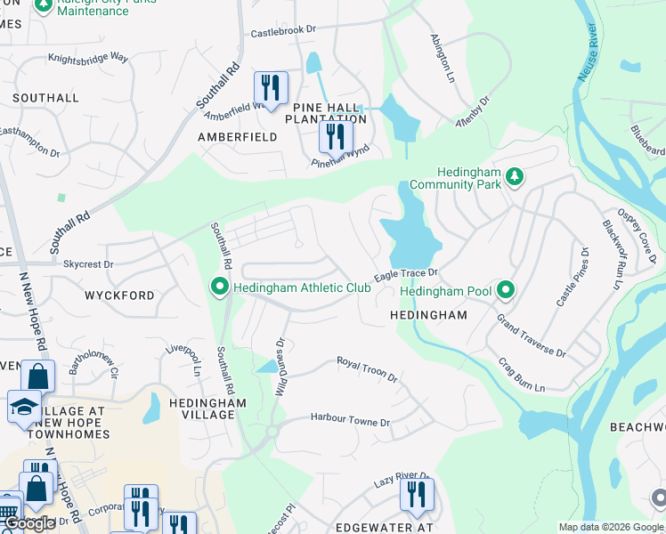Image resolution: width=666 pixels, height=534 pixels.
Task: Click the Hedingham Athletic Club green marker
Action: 219,287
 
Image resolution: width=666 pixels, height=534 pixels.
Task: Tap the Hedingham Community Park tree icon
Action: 514,178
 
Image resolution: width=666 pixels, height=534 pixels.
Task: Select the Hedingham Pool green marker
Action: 506,290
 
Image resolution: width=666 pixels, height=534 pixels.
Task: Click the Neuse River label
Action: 588,54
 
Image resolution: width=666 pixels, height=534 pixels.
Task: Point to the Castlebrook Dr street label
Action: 283,30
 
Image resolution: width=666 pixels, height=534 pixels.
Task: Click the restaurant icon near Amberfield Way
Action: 270,87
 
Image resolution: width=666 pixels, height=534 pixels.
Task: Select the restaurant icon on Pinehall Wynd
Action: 336,136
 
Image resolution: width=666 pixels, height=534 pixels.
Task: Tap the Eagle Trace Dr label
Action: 406,275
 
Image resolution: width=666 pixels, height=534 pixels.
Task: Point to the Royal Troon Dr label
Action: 366,369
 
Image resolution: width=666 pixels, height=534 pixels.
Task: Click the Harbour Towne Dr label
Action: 350,419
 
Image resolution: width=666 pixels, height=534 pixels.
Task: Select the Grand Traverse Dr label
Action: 531,335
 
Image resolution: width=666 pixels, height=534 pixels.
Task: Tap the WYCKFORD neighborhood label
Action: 119,295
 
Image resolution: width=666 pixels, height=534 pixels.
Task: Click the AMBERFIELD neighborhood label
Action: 238,137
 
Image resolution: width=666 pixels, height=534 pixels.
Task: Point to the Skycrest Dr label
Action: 88,264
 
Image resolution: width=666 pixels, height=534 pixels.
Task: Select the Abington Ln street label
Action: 443,58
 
